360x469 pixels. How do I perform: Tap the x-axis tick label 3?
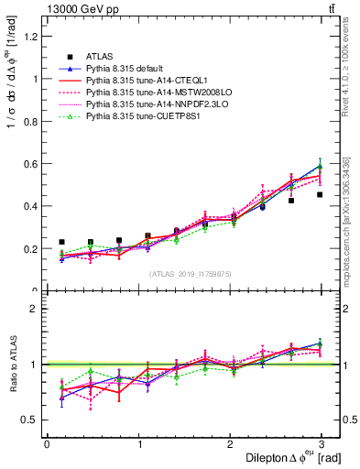coord(321,444)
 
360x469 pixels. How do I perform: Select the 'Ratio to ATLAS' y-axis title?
coord(14,366)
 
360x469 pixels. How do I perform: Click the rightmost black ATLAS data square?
coord(320,194)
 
